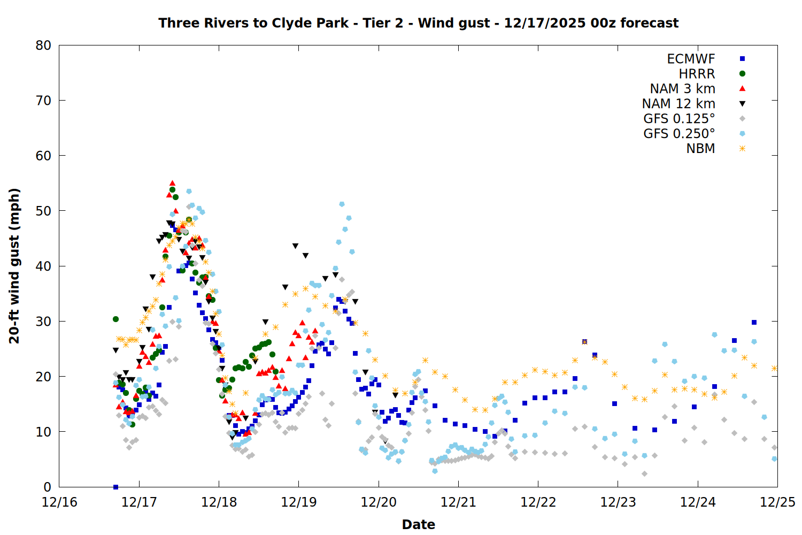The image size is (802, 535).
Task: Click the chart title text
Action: pyautogui.click(x=418, y=23)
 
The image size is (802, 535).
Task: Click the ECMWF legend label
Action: pyautogui.click(x=691, y=59)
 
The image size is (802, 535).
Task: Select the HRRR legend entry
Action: pyautogui.click(x=697, y=74)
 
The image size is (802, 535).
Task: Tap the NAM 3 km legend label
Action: pyautogui.click(x=682, y=89)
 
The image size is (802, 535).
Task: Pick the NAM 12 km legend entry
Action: pyautogui.click(x=678, y=104)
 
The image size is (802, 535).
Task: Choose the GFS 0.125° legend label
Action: pyautogui.click(x=679, y=119)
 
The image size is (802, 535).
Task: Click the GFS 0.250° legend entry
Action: pyautogui.click(x=679, y=134)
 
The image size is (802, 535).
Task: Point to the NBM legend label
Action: pyautogui.click(x=700, y=149)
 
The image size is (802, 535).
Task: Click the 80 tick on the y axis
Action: pyautogui.click(x=43, y=45)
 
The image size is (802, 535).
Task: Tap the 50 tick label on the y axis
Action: pyautogui.click(x=43, y=211)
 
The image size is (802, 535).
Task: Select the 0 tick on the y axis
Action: pyautogui.click(x=47, y=487)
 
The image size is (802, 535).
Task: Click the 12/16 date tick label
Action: pyautogui.click(x=59, y=502)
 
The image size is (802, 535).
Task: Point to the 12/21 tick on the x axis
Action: pyautogui.click(x=458, y=502)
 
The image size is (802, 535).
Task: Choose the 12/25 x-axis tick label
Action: pyautogui.click(x=777, y=502)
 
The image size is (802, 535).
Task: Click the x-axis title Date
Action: pyautogui.click(x=418, y=524)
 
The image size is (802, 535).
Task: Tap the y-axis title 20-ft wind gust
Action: pyautogui.click(x=14, y=266)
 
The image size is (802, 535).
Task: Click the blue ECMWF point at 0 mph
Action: pyautogui.click(x=115, y=487)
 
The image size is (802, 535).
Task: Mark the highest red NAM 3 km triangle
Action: pyautogui.click(x=172, y=184)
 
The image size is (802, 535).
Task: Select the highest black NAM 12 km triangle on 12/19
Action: pyautogui.click(x=295, y=246)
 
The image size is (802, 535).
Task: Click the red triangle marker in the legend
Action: pyautogui.click(x=742, y=89)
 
